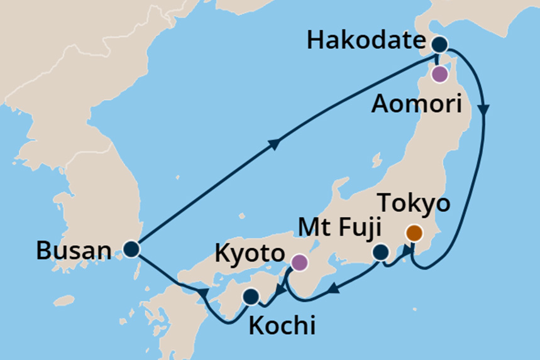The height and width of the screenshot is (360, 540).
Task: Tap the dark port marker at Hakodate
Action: coord(439,45)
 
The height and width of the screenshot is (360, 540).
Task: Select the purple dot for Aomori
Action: coord(439,75)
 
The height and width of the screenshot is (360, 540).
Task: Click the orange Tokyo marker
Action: coord(414,233)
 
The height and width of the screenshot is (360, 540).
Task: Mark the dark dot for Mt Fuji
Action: coord(380,253)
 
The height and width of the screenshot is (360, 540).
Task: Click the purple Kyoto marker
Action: coord(299,263)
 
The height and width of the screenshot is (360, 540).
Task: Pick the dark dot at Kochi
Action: coord(251,296)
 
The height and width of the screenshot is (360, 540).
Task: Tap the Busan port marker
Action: coord(131,249)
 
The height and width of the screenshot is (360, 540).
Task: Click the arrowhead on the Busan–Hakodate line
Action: coord(275,145)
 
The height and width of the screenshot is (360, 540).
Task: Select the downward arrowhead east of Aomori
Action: coord(484,109)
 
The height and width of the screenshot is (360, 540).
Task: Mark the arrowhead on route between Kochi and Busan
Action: coord(202,293)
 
